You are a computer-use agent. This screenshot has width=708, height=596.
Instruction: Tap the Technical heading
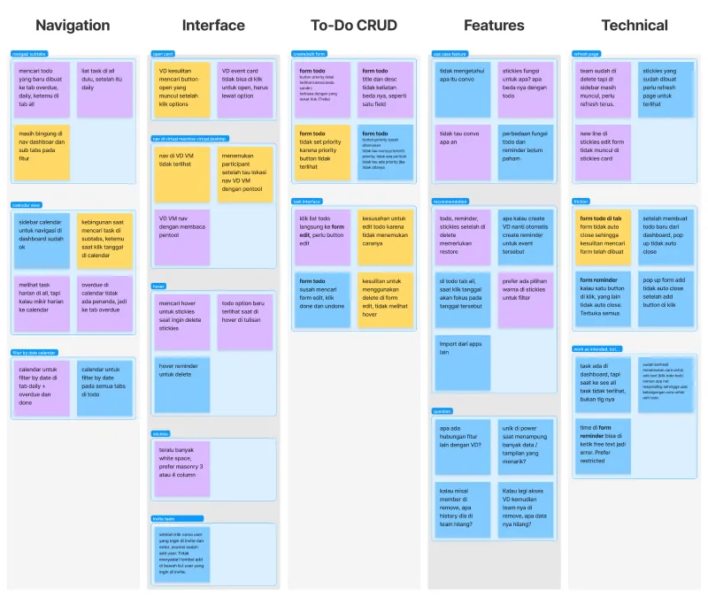(633, 26)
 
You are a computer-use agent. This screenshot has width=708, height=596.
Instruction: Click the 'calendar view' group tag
(27, 205)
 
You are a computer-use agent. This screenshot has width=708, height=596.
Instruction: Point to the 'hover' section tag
(159, 286)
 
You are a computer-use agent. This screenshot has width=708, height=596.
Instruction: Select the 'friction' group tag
(581, 202)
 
